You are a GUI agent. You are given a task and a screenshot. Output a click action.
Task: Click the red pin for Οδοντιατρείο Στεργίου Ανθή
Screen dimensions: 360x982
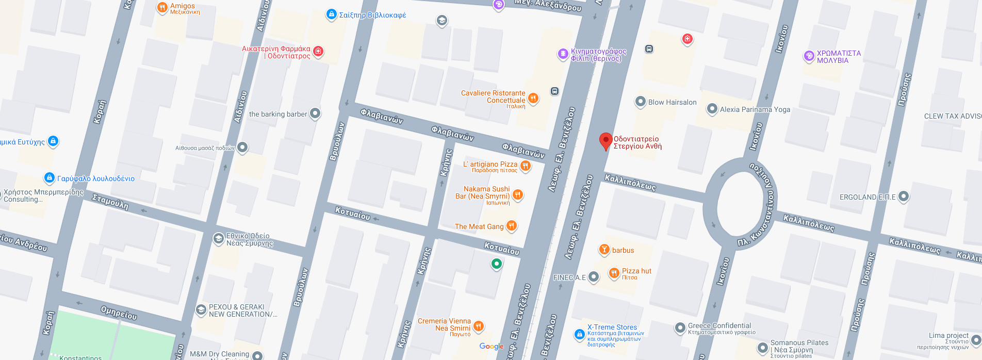point(605,141)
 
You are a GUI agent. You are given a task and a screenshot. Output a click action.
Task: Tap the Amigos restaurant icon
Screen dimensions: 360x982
point(162,7)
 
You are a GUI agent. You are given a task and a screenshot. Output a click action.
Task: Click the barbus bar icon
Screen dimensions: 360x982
point(603,250)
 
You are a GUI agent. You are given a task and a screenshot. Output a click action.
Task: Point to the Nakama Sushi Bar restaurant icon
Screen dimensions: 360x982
point(518,194)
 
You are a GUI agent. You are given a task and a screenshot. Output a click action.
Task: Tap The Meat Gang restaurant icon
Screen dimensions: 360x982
point(511,225)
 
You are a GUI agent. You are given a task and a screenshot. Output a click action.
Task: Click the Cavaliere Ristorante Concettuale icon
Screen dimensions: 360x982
point(533,98)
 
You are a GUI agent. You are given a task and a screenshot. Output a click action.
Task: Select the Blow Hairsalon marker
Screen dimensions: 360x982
point(640,102)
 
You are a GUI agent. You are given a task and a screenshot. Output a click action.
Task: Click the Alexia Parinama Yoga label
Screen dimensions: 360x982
point(755,109)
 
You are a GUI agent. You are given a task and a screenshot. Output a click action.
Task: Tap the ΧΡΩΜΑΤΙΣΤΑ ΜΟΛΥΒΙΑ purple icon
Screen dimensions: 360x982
point(809,56)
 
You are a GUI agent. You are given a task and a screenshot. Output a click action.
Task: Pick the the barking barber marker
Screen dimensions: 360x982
point(315,113)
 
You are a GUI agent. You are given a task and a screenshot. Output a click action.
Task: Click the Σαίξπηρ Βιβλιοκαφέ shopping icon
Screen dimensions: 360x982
point(332,14)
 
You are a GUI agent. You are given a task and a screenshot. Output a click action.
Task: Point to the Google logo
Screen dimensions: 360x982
point(491,347)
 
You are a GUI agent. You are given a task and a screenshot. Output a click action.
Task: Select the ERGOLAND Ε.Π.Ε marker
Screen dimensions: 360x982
point(903,196)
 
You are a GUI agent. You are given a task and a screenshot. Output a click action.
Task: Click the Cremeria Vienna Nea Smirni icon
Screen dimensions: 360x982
point(478,325)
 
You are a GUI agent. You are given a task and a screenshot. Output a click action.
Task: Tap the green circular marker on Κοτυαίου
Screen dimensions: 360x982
point(496,264)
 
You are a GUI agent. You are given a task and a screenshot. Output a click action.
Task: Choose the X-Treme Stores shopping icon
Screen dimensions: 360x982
point(579,334)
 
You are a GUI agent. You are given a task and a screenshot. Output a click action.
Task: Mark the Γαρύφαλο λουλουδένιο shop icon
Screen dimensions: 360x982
point(49,178)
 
